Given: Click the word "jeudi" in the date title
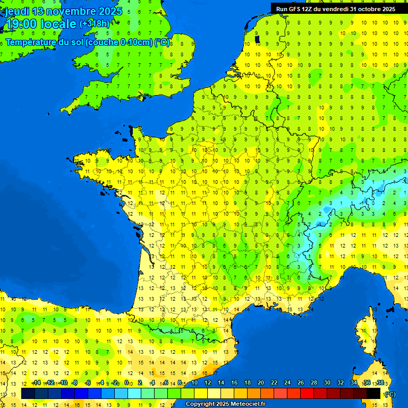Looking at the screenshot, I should [17, 11].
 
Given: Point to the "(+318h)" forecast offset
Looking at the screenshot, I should [96, 24].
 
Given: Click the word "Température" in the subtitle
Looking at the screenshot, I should [29, 42].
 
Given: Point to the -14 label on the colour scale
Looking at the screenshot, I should [36, 383].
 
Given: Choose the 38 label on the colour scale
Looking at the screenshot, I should [380, 383].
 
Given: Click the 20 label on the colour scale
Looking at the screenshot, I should [260, 383].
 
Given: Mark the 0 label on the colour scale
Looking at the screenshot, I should [126, 383].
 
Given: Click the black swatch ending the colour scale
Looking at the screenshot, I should [373, 393].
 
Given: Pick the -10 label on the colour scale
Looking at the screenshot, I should [63, 383].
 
